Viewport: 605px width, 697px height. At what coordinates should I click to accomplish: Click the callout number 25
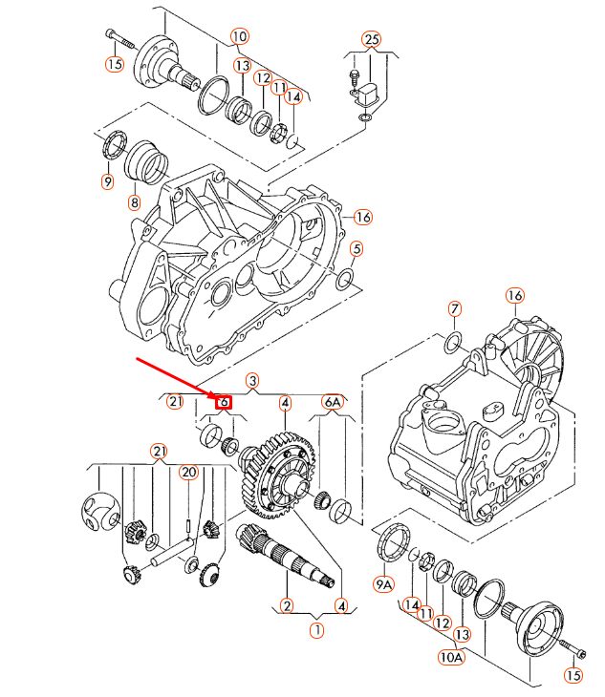tap(371, 39)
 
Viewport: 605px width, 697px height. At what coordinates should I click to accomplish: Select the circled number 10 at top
tap(238, 36)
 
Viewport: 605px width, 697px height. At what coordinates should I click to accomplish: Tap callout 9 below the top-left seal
tap(106, 181)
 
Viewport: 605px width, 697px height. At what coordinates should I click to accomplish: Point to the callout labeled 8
tap(134, 202)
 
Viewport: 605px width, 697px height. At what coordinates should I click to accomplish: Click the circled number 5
tap(356, 249)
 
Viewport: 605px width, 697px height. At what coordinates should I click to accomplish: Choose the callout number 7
tap(455, 308)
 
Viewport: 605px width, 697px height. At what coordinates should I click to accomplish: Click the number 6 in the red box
tap(224, 403)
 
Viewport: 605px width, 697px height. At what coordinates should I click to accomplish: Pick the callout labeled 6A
tap(332, 403)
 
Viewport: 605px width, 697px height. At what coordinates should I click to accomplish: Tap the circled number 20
tap(187, 472)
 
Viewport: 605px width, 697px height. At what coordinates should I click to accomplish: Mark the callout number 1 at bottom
tap(315, 630)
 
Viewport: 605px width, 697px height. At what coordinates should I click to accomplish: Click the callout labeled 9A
tap(383, 583)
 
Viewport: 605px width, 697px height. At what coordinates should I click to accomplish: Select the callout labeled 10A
tap(450, 656)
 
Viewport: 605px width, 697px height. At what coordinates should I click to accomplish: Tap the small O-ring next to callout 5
tap(346, 279)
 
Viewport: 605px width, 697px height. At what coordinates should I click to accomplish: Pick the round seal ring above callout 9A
tap(391, 543)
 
